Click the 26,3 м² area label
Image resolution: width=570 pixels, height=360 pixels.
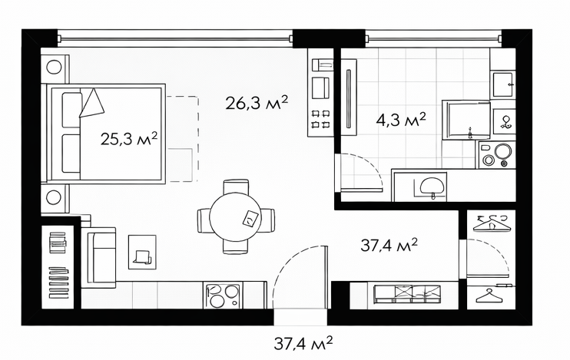coord(257,103)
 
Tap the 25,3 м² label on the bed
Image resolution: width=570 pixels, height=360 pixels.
coord(129,139)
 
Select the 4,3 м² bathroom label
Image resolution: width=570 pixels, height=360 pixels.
coord(401,119)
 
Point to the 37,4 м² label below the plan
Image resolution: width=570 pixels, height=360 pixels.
coord(303,343)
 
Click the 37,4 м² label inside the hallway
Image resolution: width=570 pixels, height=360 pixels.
coord(389,245)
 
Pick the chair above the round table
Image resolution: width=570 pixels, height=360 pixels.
coord(236,187)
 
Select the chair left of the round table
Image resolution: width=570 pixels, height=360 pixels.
coord(204,220)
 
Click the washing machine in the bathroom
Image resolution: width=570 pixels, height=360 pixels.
coord(497,155)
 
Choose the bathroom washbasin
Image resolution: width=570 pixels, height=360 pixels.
coord(432,186)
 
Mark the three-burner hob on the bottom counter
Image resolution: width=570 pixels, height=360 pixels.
coord(223,296)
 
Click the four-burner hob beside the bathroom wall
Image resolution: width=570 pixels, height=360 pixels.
coord(320,119)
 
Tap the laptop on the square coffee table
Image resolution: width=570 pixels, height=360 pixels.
coord(142,256)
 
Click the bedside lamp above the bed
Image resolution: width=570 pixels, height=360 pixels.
coord(55,67)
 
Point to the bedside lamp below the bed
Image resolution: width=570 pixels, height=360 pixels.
coord(55,197)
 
